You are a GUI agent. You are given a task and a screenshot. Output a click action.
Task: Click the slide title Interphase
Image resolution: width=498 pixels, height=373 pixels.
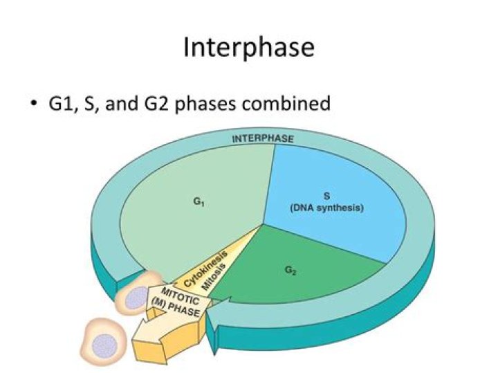[x=249, y=48]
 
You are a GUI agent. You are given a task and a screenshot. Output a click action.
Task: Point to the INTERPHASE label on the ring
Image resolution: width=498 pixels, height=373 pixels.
[x=262, y=138]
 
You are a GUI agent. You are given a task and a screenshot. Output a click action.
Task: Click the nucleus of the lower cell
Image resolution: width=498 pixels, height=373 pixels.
[x=105, y=343]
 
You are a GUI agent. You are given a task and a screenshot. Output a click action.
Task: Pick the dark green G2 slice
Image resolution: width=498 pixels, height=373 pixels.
[x=304, y=277]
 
